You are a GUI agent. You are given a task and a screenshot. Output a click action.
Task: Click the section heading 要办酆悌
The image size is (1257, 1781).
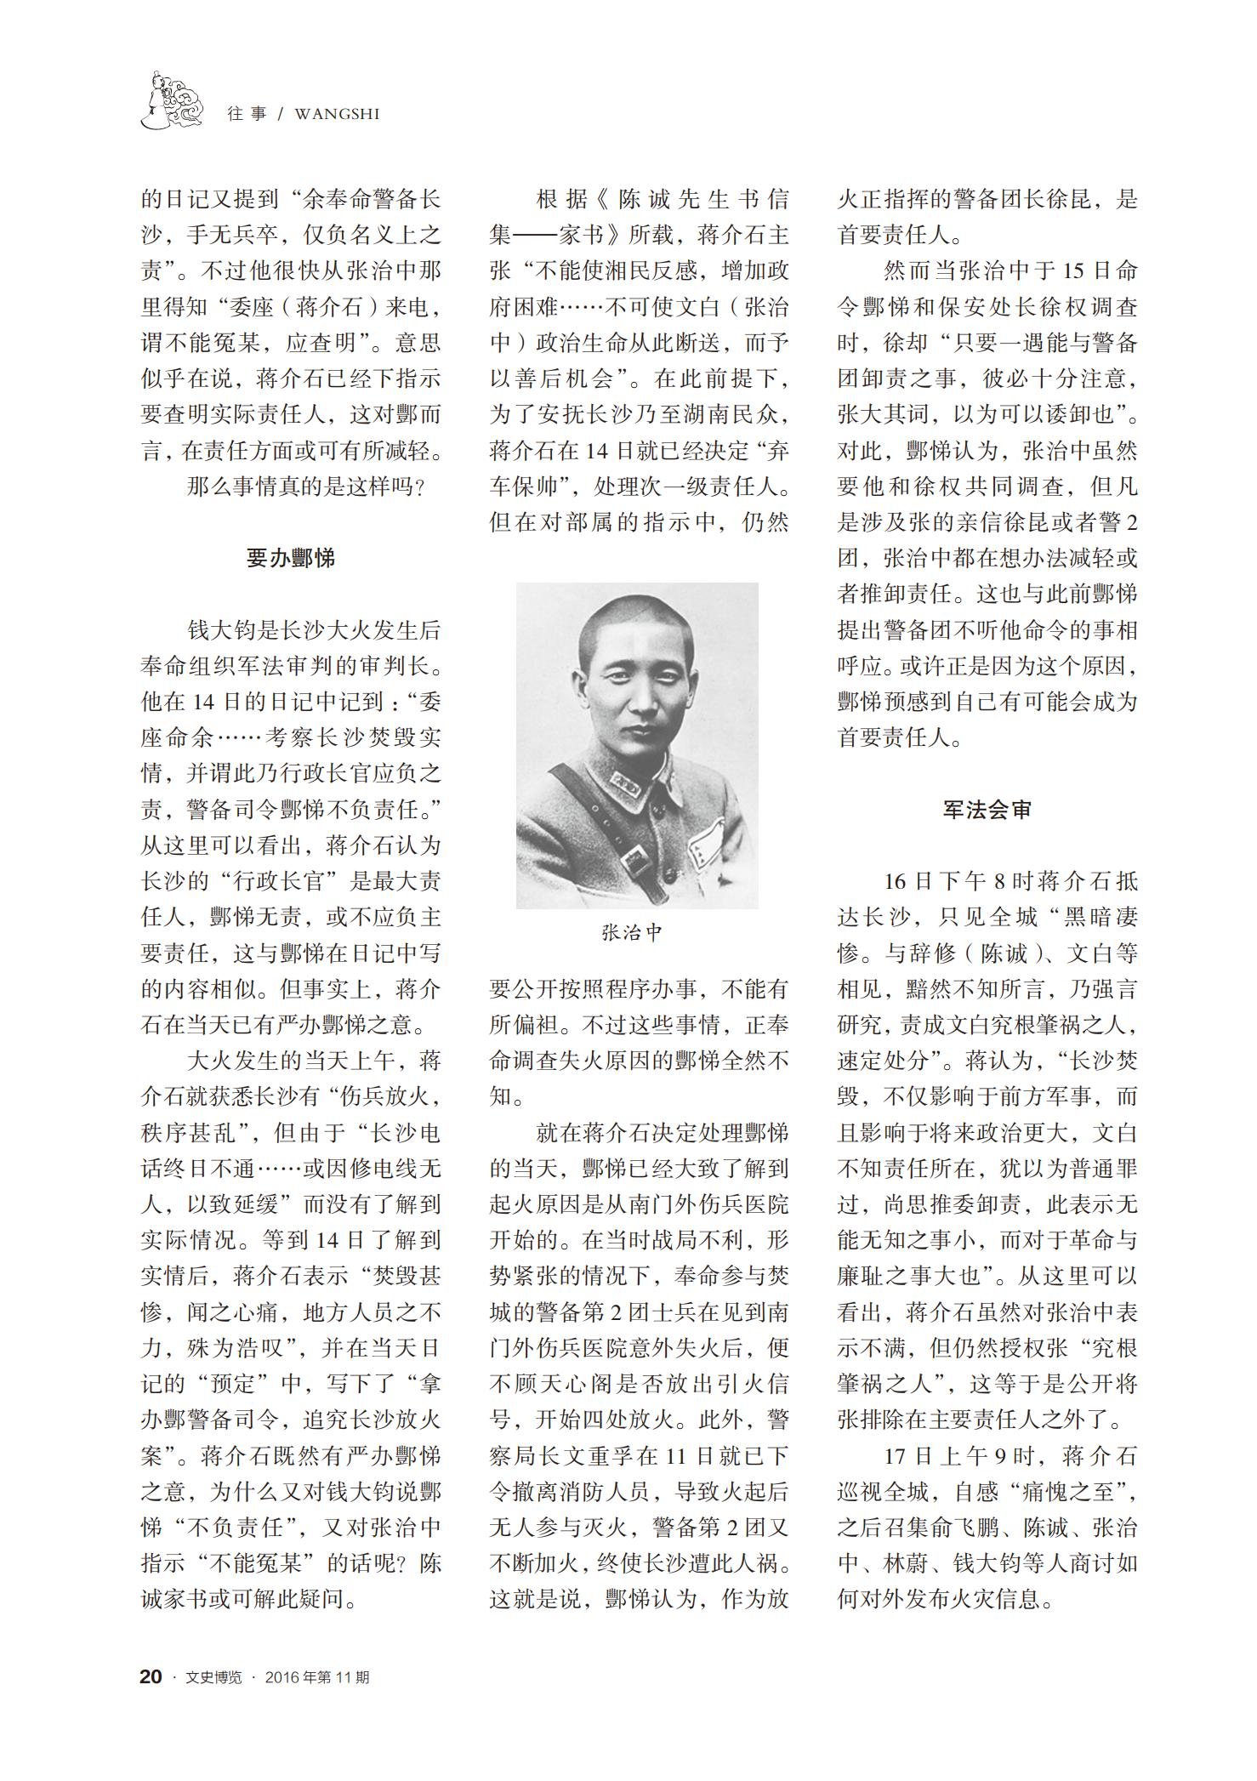point(290,558)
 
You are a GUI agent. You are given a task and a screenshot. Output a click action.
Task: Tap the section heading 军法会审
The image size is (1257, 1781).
point(987,809)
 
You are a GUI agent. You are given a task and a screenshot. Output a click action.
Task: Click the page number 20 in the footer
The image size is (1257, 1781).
point(151,1676)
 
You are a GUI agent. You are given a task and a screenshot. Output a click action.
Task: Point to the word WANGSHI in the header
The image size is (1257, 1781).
point(337,113)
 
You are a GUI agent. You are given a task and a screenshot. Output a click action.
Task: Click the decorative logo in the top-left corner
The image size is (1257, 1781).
point(173,100)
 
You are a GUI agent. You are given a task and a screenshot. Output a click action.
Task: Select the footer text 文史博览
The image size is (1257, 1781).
point(213,1677)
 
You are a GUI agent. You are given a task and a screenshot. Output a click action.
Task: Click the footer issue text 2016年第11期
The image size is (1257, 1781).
point(317,1677)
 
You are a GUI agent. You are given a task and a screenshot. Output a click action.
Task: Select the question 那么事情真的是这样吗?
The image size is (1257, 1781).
point(305,487)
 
